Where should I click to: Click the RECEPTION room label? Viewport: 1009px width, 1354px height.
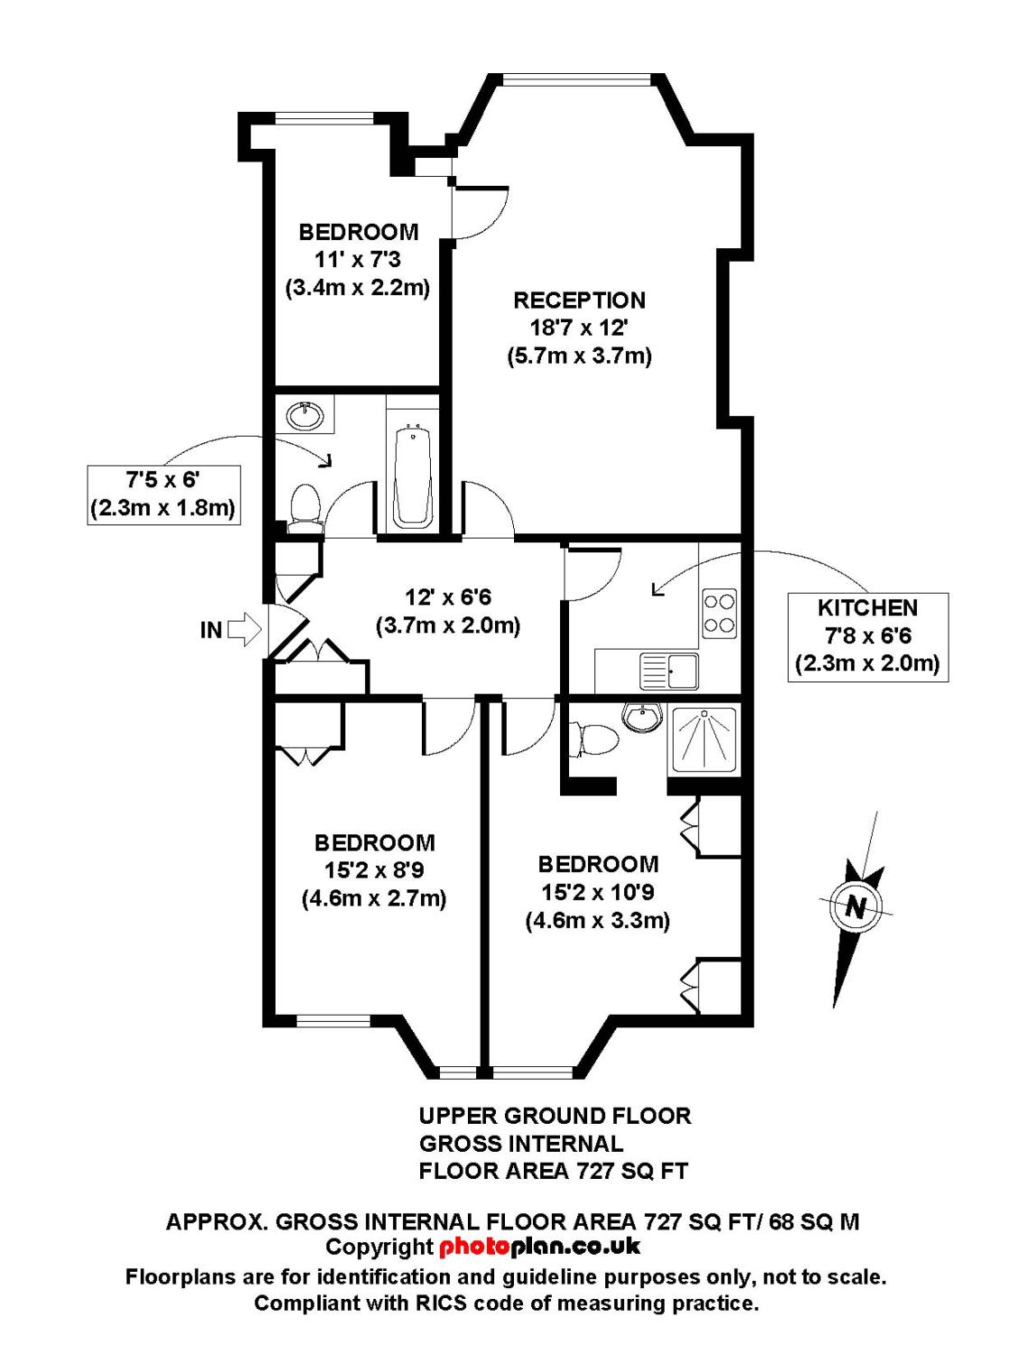coord(579,301)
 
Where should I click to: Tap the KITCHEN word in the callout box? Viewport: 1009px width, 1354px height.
coord(868,608)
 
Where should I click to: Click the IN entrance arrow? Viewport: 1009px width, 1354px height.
coord(245,629)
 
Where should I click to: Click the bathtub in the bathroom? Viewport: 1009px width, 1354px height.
coord(413,477)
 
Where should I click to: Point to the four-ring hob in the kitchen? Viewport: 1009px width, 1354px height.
coord(719,614)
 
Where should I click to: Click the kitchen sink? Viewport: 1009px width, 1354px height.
coord(669,671)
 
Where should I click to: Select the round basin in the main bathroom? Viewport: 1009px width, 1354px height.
coord(305,416)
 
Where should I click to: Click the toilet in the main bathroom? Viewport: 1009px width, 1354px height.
coord(305,505)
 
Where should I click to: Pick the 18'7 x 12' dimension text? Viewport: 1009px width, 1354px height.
coord(579,328)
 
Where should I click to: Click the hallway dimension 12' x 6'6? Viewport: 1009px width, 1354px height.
coord(449,597)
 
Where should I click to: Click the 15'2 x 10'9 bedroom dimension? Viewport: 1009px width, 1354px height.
coord(598,893)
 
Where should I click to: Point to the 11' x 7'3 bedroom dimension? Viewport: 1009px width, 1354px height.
coord(358,260)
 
